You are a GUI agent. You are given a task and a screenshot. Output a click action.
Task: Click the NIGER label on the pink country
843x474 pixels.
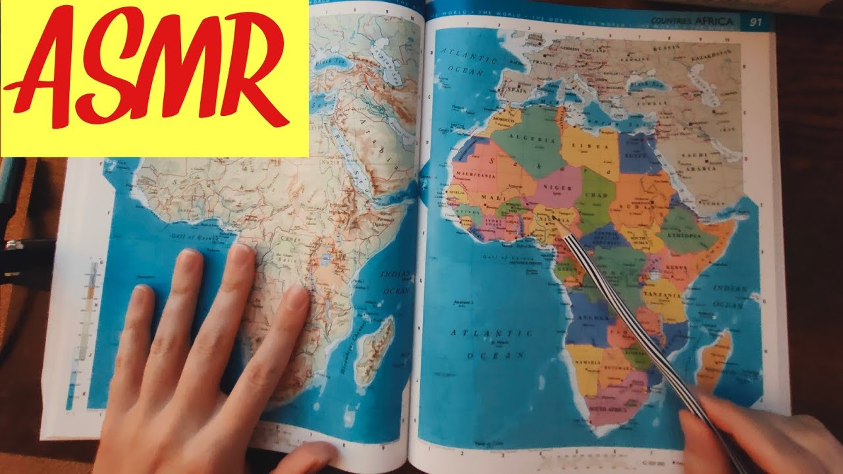click(x=557, y=188)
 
